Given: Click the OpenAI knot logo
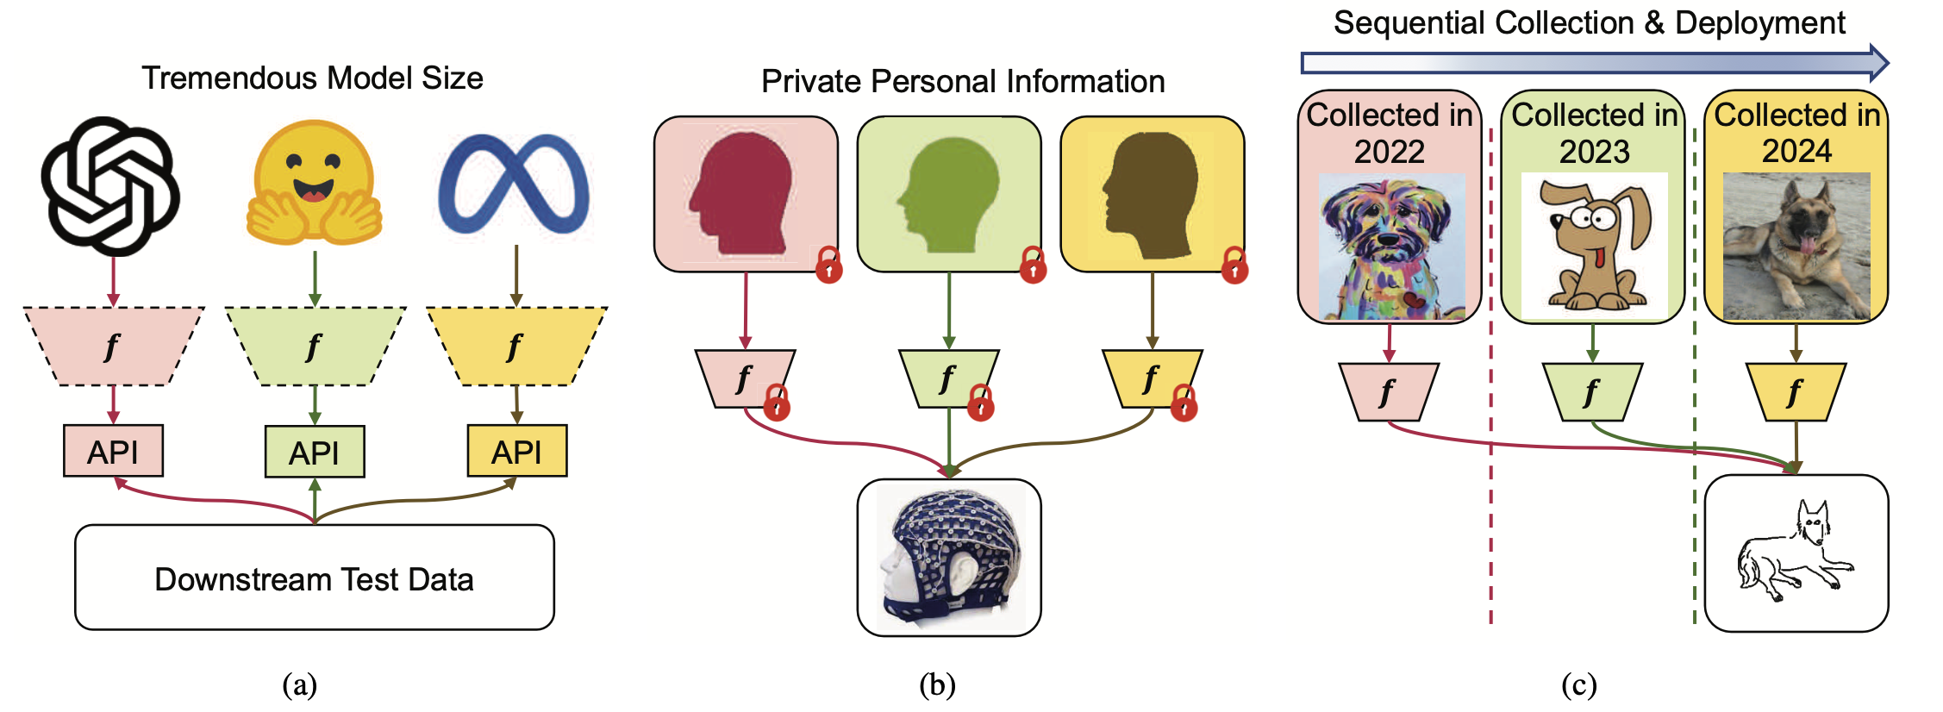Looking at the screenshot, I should pyautogui.click(x=110, y=186).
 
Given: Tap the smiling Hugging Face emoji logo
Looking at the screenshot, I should pyautogui.click(x=314, y=183).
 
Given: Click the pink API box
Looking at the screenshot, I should pyautogui.click(x=113, y=451).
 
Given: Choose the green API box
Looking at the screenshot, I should pyautogui.click(x=315, y=452).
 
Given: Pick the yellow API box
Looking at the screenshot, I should pyautogui.click(x=517, y=451).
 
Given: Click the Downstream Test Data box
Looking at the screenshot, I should pyautogui.click(x=315, y=578).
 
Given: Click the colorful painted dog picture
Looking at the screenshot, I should pyautogui.click(x=1390, y=247).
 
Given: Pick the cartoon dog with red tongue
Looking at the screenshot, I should pyautogui.click(x=1594, y=246).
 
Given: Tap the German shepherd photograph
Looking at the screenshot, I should pyautogui.click(x=1796, y=246).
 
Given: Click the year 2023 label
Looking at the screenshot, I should pyautogui.click(x=1594, y=152).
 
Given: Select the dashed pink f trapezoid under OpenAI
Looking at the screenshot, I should pyautogui.click(x=113, y=346).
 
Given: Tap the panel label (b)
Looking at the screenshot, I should pyautogui.click(x=937, y=685).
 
